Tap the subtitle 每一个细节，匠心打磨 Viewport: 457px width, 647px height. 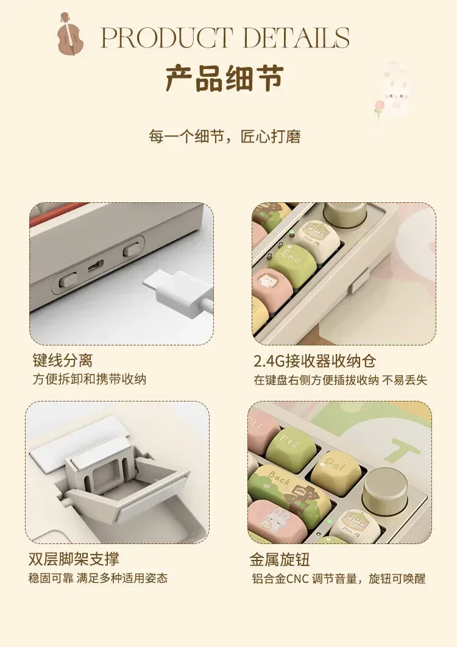[x=225, y=136]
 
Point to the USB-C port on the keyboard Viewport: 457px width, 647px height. [x=96, y=266]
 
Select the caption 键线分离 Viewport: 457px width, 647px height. [x=63, y=360]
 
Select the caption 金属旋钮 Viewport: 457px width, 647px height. [x=280, y=559]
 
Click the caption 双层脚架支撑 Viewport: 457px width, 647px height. [x=74, y=559]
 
